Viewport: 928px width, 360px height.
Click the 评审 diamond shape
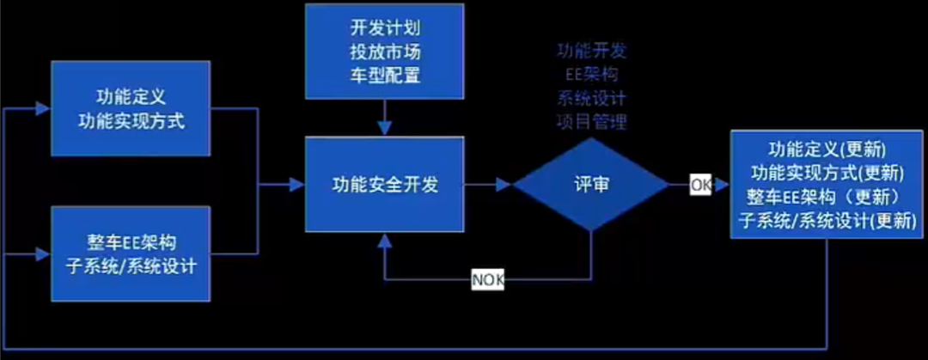point(591,184)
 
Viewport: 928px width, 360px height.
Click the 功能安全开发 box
point(385,184)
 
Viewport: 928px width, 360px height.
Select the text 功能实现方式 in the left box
point(130,119)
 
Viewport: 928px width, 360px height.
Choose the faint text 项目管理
point(591,121)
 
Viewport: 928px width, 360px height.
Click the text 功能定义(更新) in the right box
point(827,147)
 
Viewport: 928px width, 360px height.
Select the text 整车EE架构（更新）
point(827,196)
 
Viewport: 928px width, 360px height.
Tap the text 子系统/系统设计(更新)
point(827,220)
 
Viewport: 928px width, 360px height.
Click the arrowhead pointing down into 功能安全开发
point(385,128)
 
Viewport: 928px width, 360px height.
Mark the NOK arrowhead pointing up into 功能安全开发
point(385,239)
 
